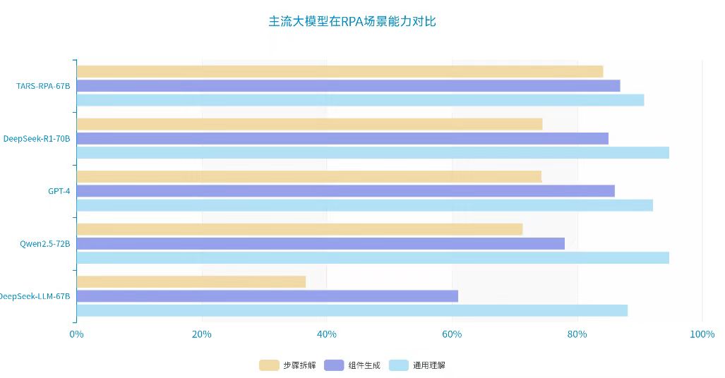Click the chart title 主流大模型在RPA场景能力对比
click(352, 21)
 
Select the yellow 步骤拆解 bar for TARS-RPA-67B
click(340, 71)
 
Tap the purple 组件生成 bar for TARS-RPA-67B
click(348, 85)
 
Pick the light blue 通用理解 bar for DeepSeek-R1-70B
click(373, 152)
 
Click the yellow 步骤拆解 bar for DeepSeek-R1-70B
click(309, 124)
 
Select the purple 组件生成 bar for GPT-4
click(345, 190)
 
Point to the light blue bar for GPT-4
click(364, 205)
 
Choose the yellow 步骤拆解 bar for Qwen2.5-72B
click(299, 229)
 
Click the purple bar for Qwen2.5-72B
click(320, 243)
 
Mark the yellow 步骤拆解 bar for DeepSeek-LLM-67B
click(191, 282)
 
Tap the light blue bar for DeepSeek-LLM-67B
click(352, 310)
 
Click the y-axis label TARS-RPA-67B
click(43, 86)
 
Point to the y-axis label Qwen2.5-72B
click(44, 244)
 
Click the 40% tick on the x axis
click(327, 334)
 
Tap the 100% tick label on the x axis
click(702, 334)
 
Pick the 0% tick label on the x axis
click(76, 334)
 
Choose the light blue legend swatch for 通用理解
click(399, 365)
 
